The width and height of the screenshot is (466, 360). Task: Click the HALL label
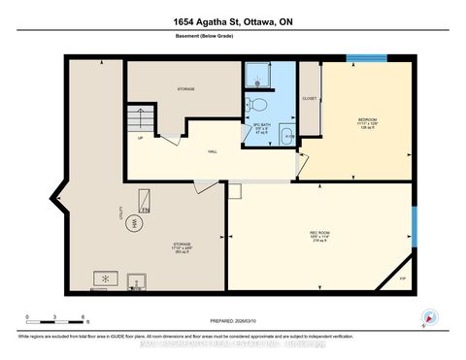212,151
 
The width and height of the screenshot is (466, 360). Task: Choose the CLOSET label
310,98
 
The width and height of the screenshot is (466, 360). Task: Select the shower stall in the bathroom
257,75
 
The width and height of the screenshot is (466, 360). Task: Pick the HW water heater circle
137,222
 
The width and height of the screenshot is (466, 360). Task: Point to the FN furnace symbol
143,207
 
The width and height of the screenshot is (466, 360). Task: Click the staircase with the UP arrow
142,121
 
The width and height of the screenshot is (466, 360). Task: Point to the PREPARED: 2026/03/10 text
232,325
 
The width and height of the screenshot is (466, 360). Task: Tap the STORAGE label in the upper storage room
185,89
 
